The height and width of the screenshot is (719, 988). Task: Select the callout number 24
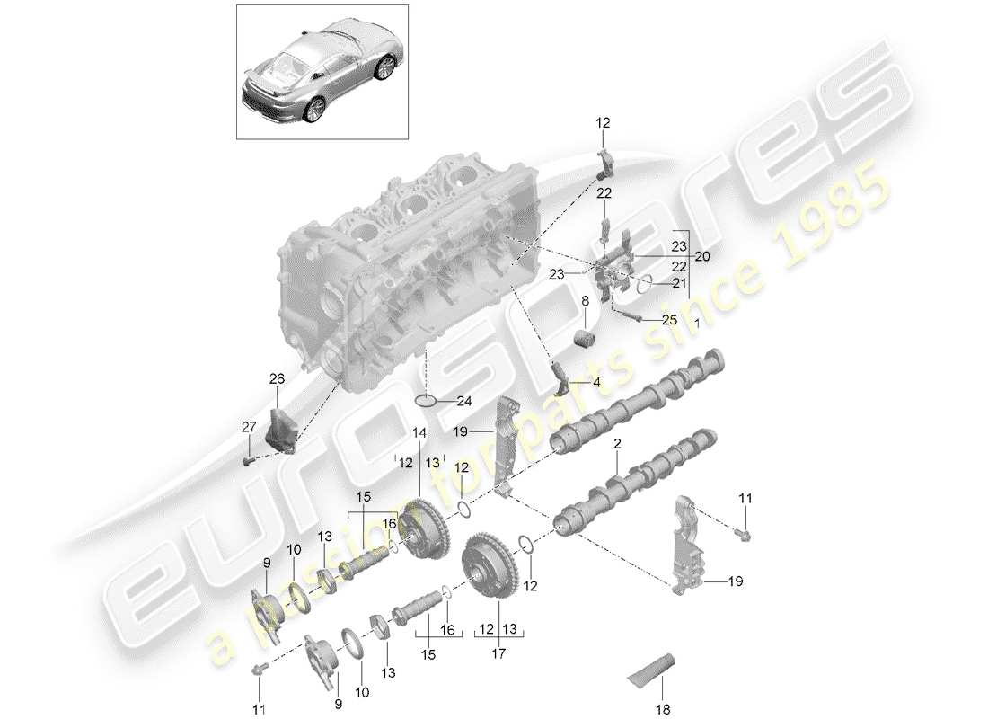tap(463, 401)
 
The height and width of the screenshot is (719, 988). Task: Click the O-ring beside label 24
tap(428, 399)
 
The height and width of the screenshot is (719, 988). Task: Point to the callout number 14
tap(419, 432)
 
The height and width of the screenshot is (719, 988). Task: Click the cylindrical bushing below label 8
tap(586, 340)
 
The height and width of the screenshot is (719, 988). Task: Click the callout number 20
tap(700, 256)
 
